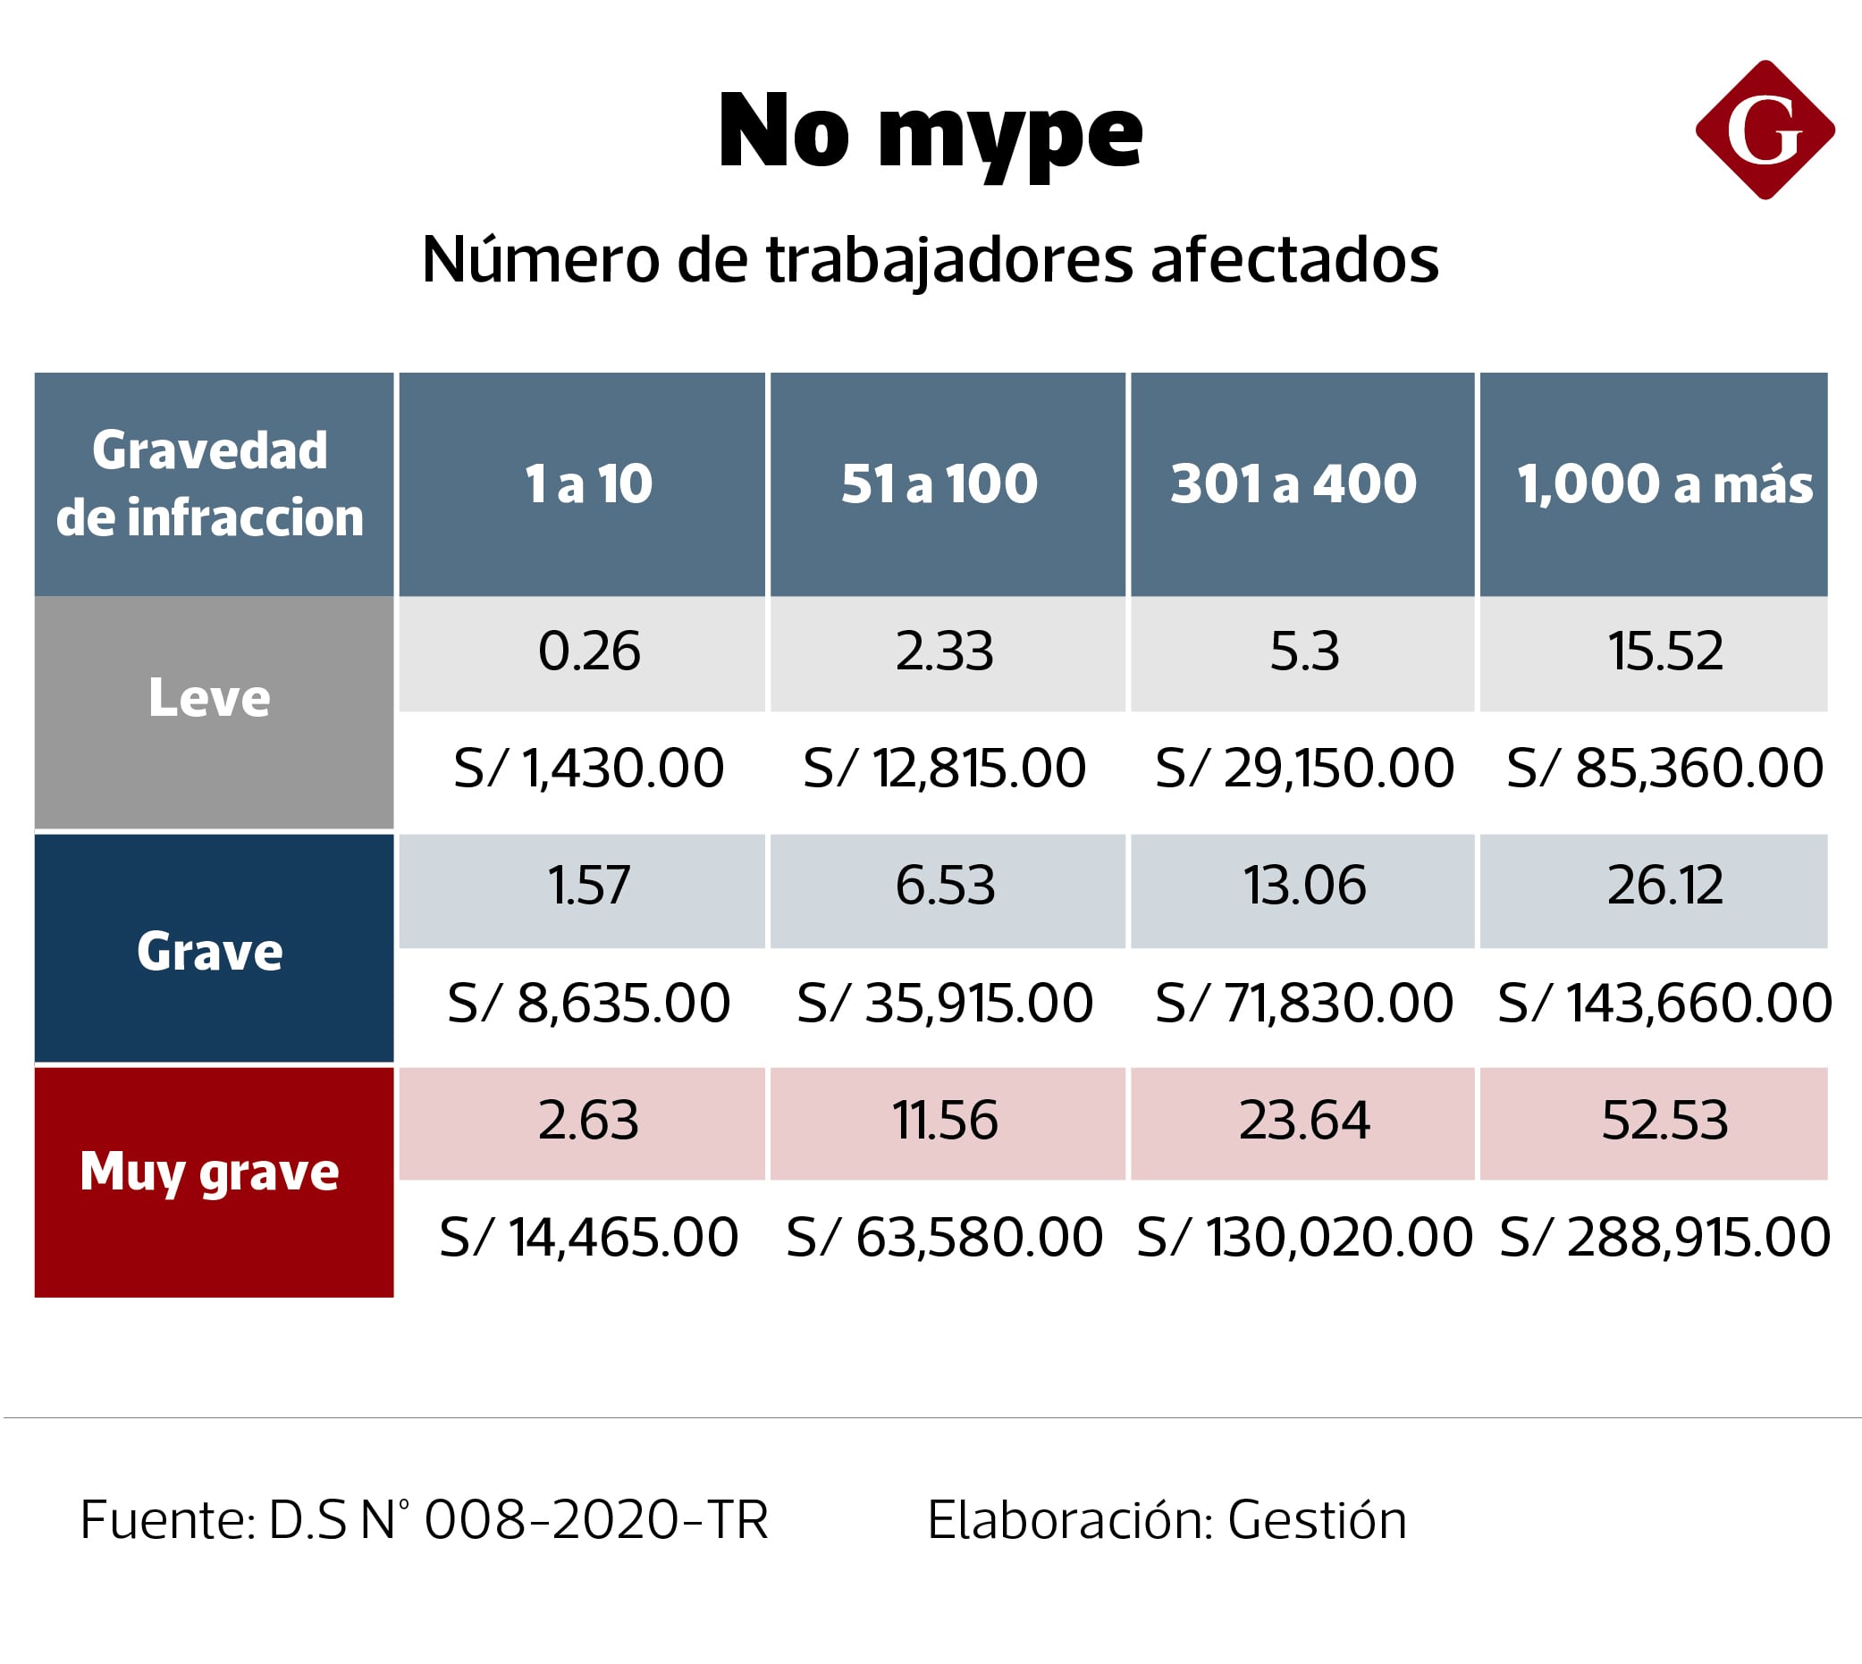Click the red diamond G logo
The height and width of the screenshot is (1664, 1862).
pyautogui.click(x=1765, y=130)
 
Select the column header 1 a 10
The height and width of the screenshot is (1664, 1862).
pyautogui.click(x=588, y=483)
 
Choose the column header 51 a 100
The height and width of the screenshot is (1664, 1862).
pyautogui.click(x=939, y=483)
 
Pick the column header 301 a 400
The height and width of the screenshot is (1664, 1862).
pyautogui.click(x=1293, y=483)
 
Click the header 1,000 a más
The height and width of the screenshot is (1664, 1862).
pyautogui.click(x=1664, y=483)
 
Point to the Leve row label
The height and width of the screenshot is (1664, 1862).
pyautogui.click(x=209, y=699)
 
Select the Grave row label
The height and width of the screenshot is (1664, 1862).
pyautogui.click(x=209, y=952)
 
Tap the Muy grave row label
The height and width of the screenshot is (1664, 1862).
pyautogui.click(x=209, y=1172)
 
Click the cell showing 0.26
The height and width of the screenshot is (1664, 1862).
pyautogui.click(x=588, y=651)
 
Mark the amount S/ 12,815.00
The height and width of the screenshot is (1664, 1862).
pyautogui.click(x=944, y=768)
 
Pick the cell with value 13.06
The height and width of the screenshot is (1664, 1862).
pyautogui.click(x=1303, y=886)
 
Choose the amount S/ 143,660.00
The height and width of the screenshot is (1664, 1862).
pyautogui.click(x=1664, y=1003)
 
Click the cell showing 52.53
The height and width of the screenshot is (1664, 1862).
pyautogui.click(x=1664, y=1121)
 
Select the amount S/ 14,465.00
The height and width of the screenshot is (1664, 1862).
pyautogui.click(x=588, y=1238)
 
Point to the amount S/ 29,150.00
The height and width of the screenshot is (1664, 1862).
pyautogui.click(x=1303, y=768)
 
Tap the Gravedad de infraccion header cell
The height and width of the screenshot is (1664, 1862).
pyautogui.click(x=209, y=483)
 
